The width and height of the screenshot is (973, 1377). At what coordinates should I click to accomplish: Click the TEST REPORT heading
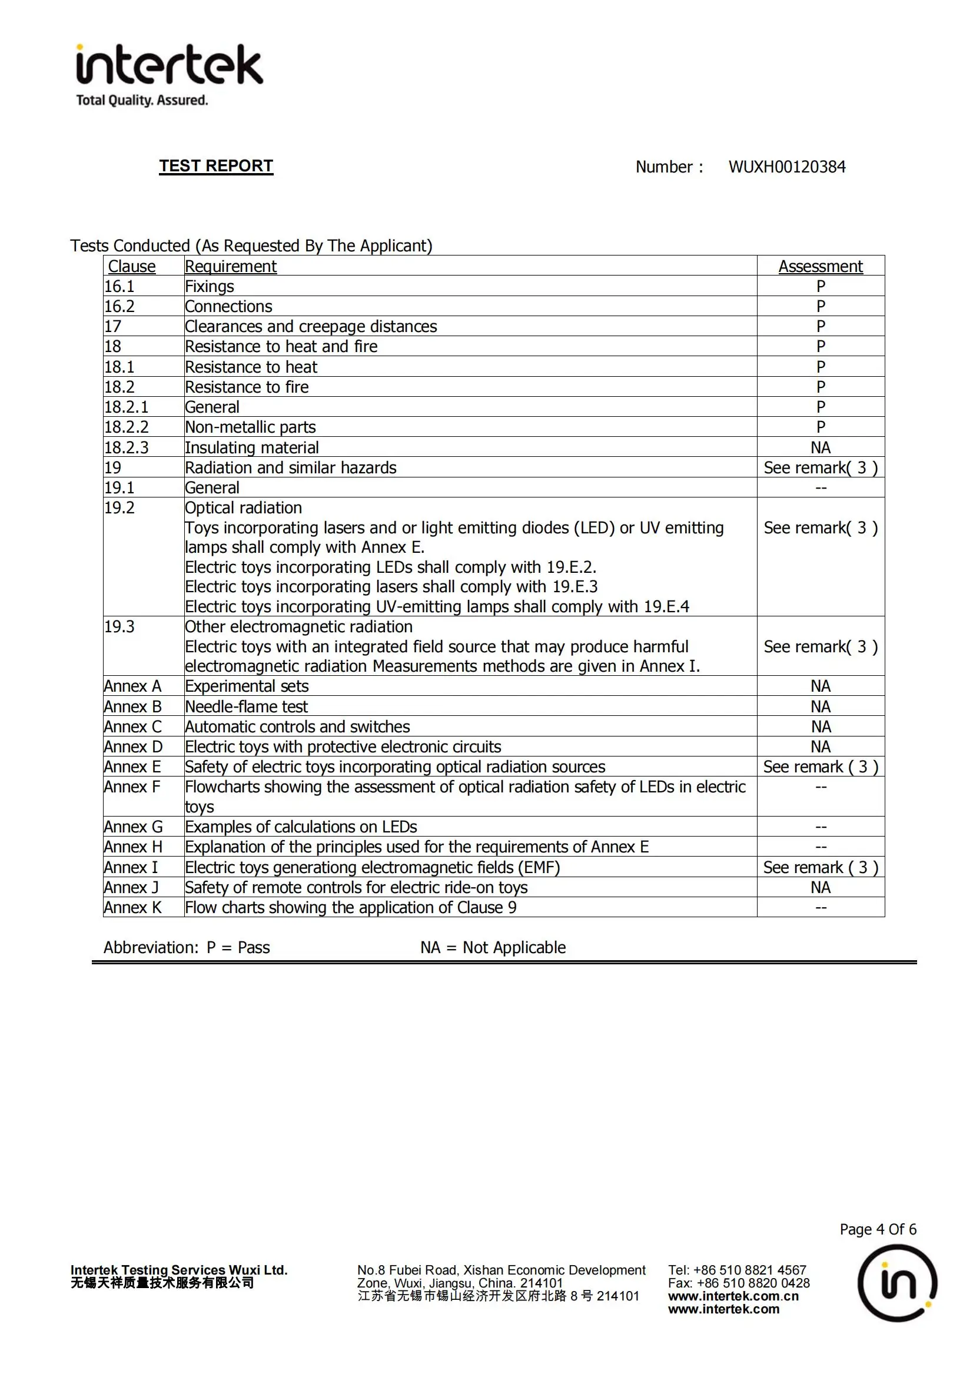(x=216, y=166)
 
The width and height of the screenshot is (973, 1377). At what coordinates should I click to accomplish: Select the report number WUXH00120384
(x=786, y=167)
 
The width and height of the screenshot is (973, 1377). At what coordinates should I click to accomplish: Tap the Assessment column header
(x=820, y=266)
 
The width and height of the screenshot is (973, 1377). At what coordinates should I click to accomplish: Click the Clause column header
(x=131, y=266)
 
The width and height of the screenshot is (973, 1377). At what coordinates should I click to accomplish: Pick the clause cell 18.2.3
(x=127, y=447)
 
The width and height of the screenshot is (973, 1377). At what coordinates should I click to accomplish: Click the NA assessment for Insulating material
(x=820, y=447)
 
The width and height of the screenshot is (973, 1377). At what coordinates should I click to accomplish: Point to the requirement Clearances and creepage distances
(x=311, y=326)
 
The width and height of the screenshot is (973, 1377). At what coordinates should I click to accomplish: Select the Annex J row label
(x=131, y=887)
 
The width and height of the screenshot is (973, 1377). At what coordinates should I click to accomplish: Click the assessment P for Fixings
(x=820, y=286)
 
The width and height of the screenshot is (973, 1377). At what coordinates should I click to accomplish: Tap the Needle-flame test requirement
(x=246, y=706)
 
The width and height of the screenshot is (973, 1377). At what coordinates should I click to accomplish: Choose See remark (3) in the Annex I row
(x=820, y=867)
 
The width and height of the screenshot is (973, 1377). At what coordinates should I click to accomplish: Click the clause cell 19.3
(x=119, y=627)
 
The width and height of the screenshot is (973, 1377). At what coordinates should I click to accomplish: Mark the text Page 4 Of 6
(x=878, y=1229)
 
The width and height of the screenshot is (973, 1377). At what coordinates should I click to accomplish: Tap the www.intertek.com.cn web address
(x=733, y=1296)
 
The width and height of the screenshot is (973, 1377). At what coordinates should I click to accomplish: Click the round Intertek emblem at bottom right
(x=897, y=1283)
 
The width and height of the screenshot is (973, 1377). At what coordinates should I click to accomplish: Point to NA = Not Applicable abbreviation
(x=493, y=948)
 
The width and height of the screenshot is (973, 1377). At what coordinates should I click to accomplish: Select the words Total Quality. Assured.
(x=142, y=100)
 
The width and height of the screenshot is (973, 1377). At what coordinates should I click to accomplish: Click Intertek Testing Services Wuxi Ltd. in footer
(x=179, y=1270)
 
